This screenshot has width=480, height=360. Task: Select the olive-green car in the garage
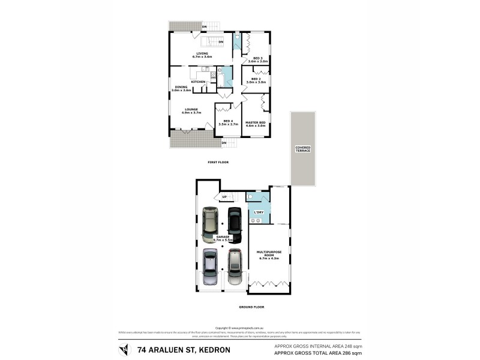[x=210, y=223]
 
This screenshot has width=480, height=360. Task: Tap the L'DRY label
[x=259, y=212]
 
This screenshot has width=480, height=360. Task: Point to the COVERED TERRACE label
[x=303, y=149]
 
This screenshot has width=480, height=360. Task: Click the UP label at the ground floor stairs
[x=224, y=197]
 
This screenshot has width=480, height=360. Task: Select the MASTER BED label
[x=255, y=122]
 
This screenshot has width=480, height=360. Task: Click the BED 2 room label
[x=256, y=79]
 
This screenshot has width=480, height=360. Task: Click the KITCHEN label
[x=199, y=82]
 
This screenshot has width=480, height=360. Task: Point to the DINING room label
[x=181, y=87]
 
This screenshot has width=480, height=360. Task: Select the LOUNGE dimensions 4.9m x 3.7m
[x=191, y=113]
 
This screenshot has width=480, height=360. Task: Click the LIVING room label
[x=202, y=53]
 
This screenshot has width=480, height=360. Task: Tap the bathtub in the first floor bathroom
[x=221, y=77]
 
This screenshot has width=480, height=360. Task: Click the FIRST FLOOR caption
[x=218, y=162]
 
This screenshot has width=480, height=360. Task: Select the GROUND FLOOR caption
[x=251, y=307]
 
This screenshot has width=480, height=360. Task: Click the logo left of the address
[x=124, y=349]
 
